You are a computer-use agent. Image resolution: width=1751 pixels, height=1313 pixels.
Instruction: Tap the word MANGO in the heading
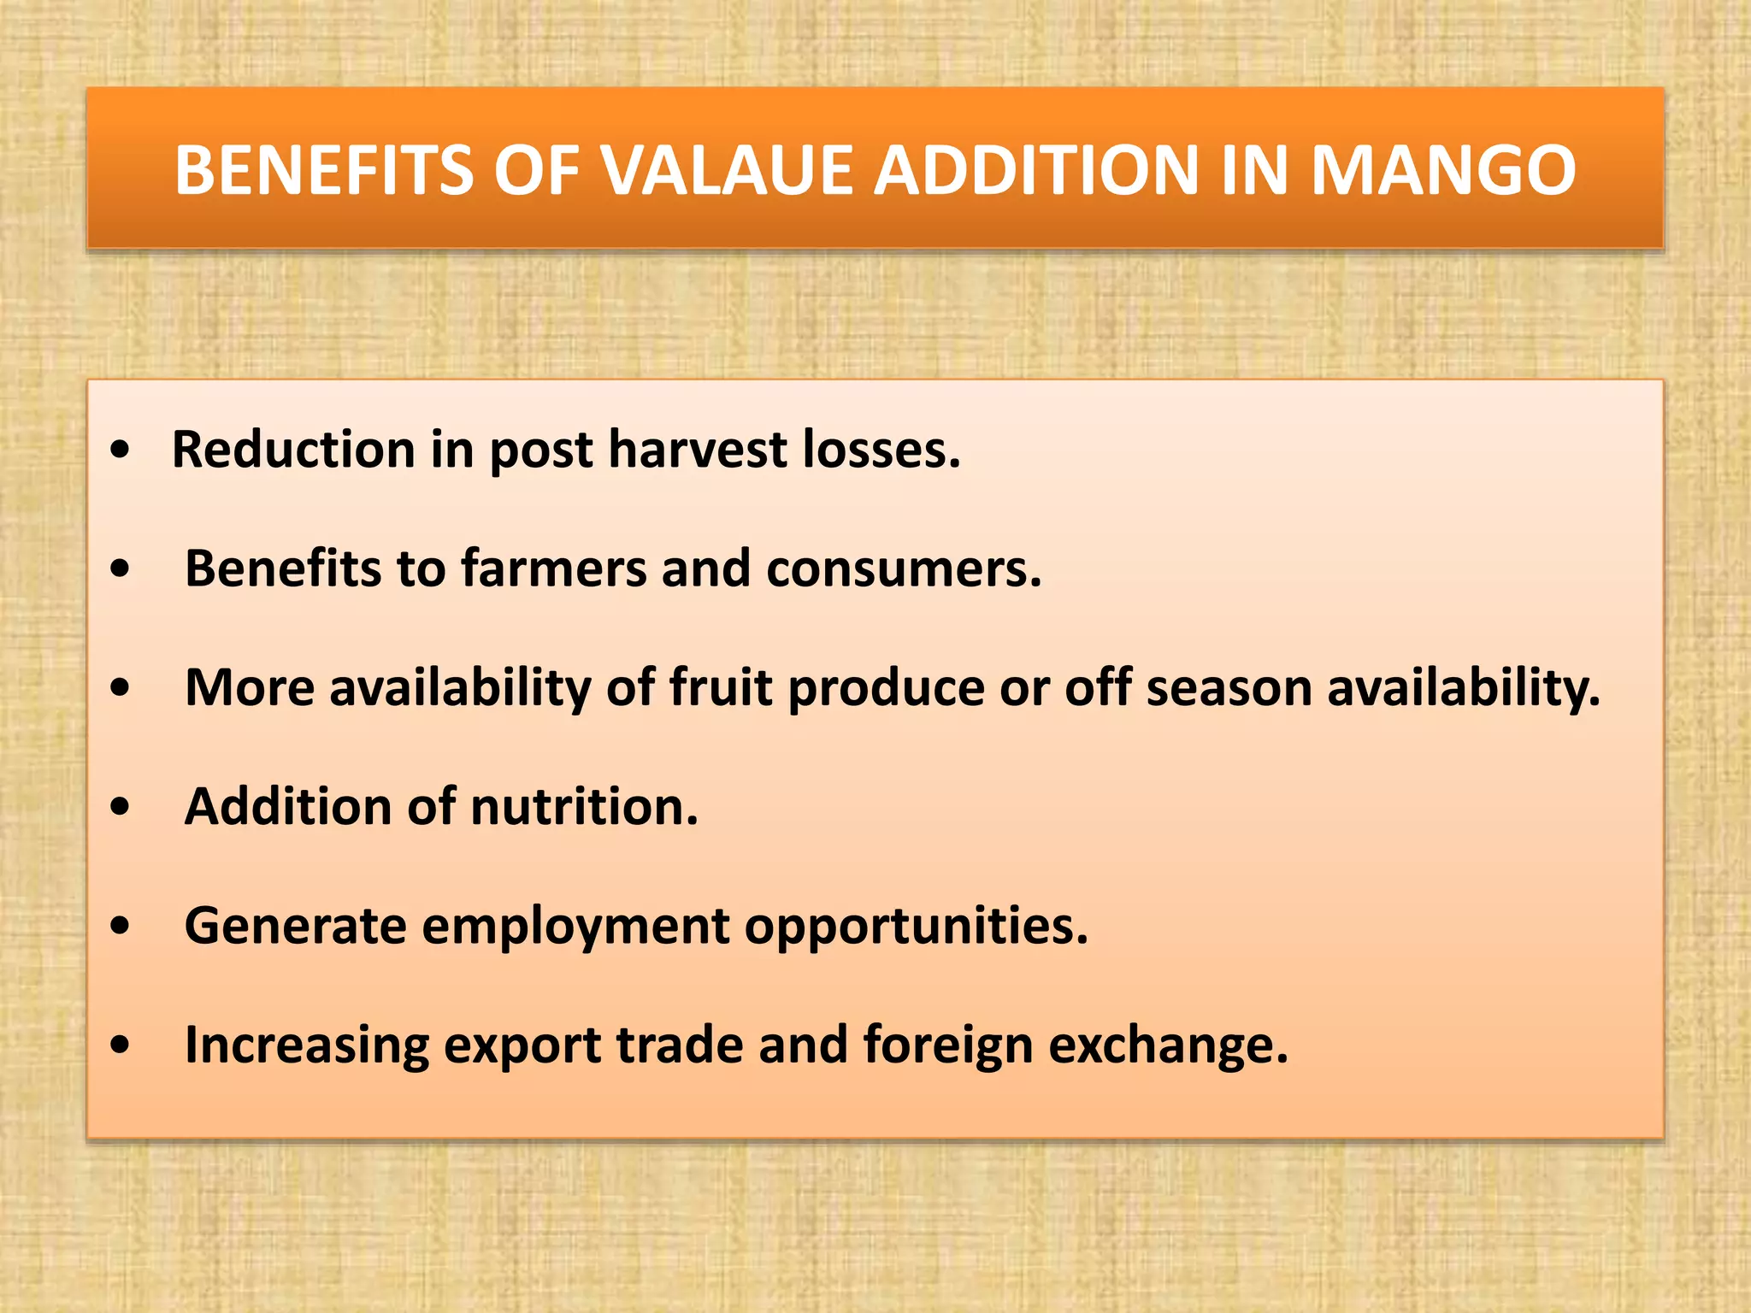coord(1443,170)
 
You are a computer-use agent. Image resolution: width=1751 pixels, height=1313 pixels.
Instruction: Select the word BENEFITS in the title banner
coord(323,170)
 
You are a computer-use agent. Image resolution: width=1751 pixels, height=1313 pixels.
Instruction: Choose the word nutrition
coord(584,806)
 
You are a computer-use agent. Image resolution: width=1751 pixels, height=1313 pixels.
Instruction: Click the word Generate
coord(295,926)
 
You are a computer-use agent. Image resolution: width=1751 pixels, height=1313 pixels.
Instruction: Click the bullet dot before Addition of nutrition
coord(121,806)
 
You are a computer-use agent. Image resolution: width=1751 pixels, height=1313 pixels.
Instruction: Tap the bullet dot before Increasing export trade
coord(121,1045)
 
